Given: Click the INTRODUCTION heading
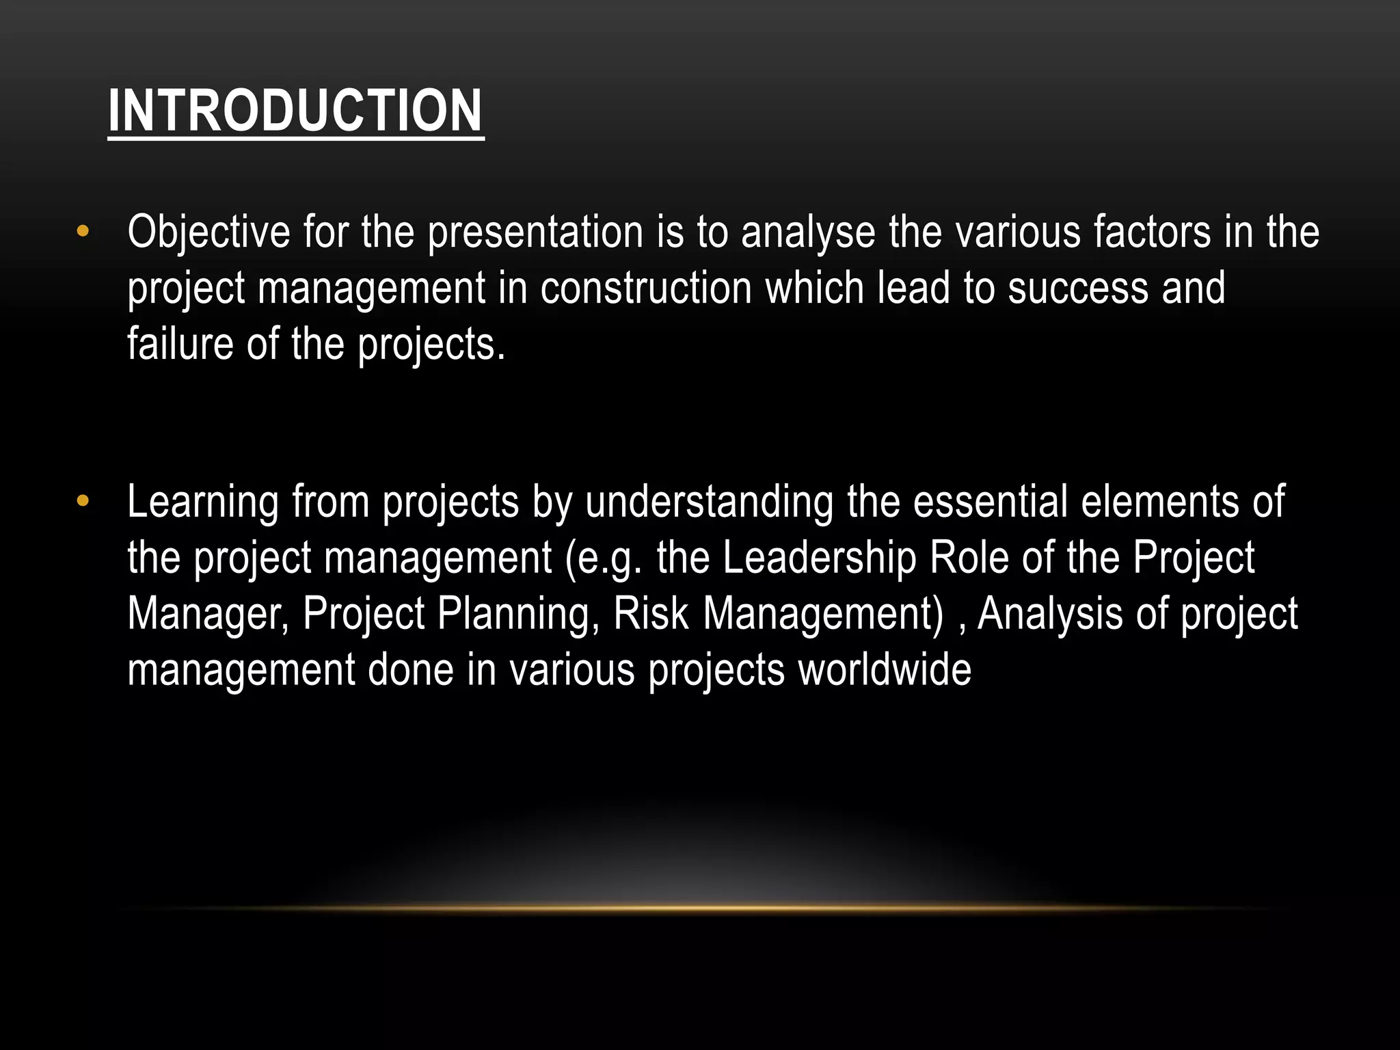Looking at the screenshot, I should tap(295, 111).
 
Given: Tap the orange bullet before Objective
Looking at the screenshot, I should tap(83, 232).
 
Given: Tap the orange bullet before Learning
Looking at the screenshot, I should tap(83, 502).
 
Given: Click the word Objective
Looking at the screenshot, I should tap(209, 233).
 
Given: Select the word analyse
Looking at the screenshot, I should tap(808, 233).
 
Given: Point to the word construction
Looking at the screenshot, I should tap(646, 288).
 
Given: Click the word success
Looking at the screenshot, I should tap(1079, 288).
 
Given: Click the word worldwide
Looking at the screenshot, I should tap(885, 669).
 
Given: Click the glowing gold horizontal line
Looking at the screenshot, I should tap(700, 908).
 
